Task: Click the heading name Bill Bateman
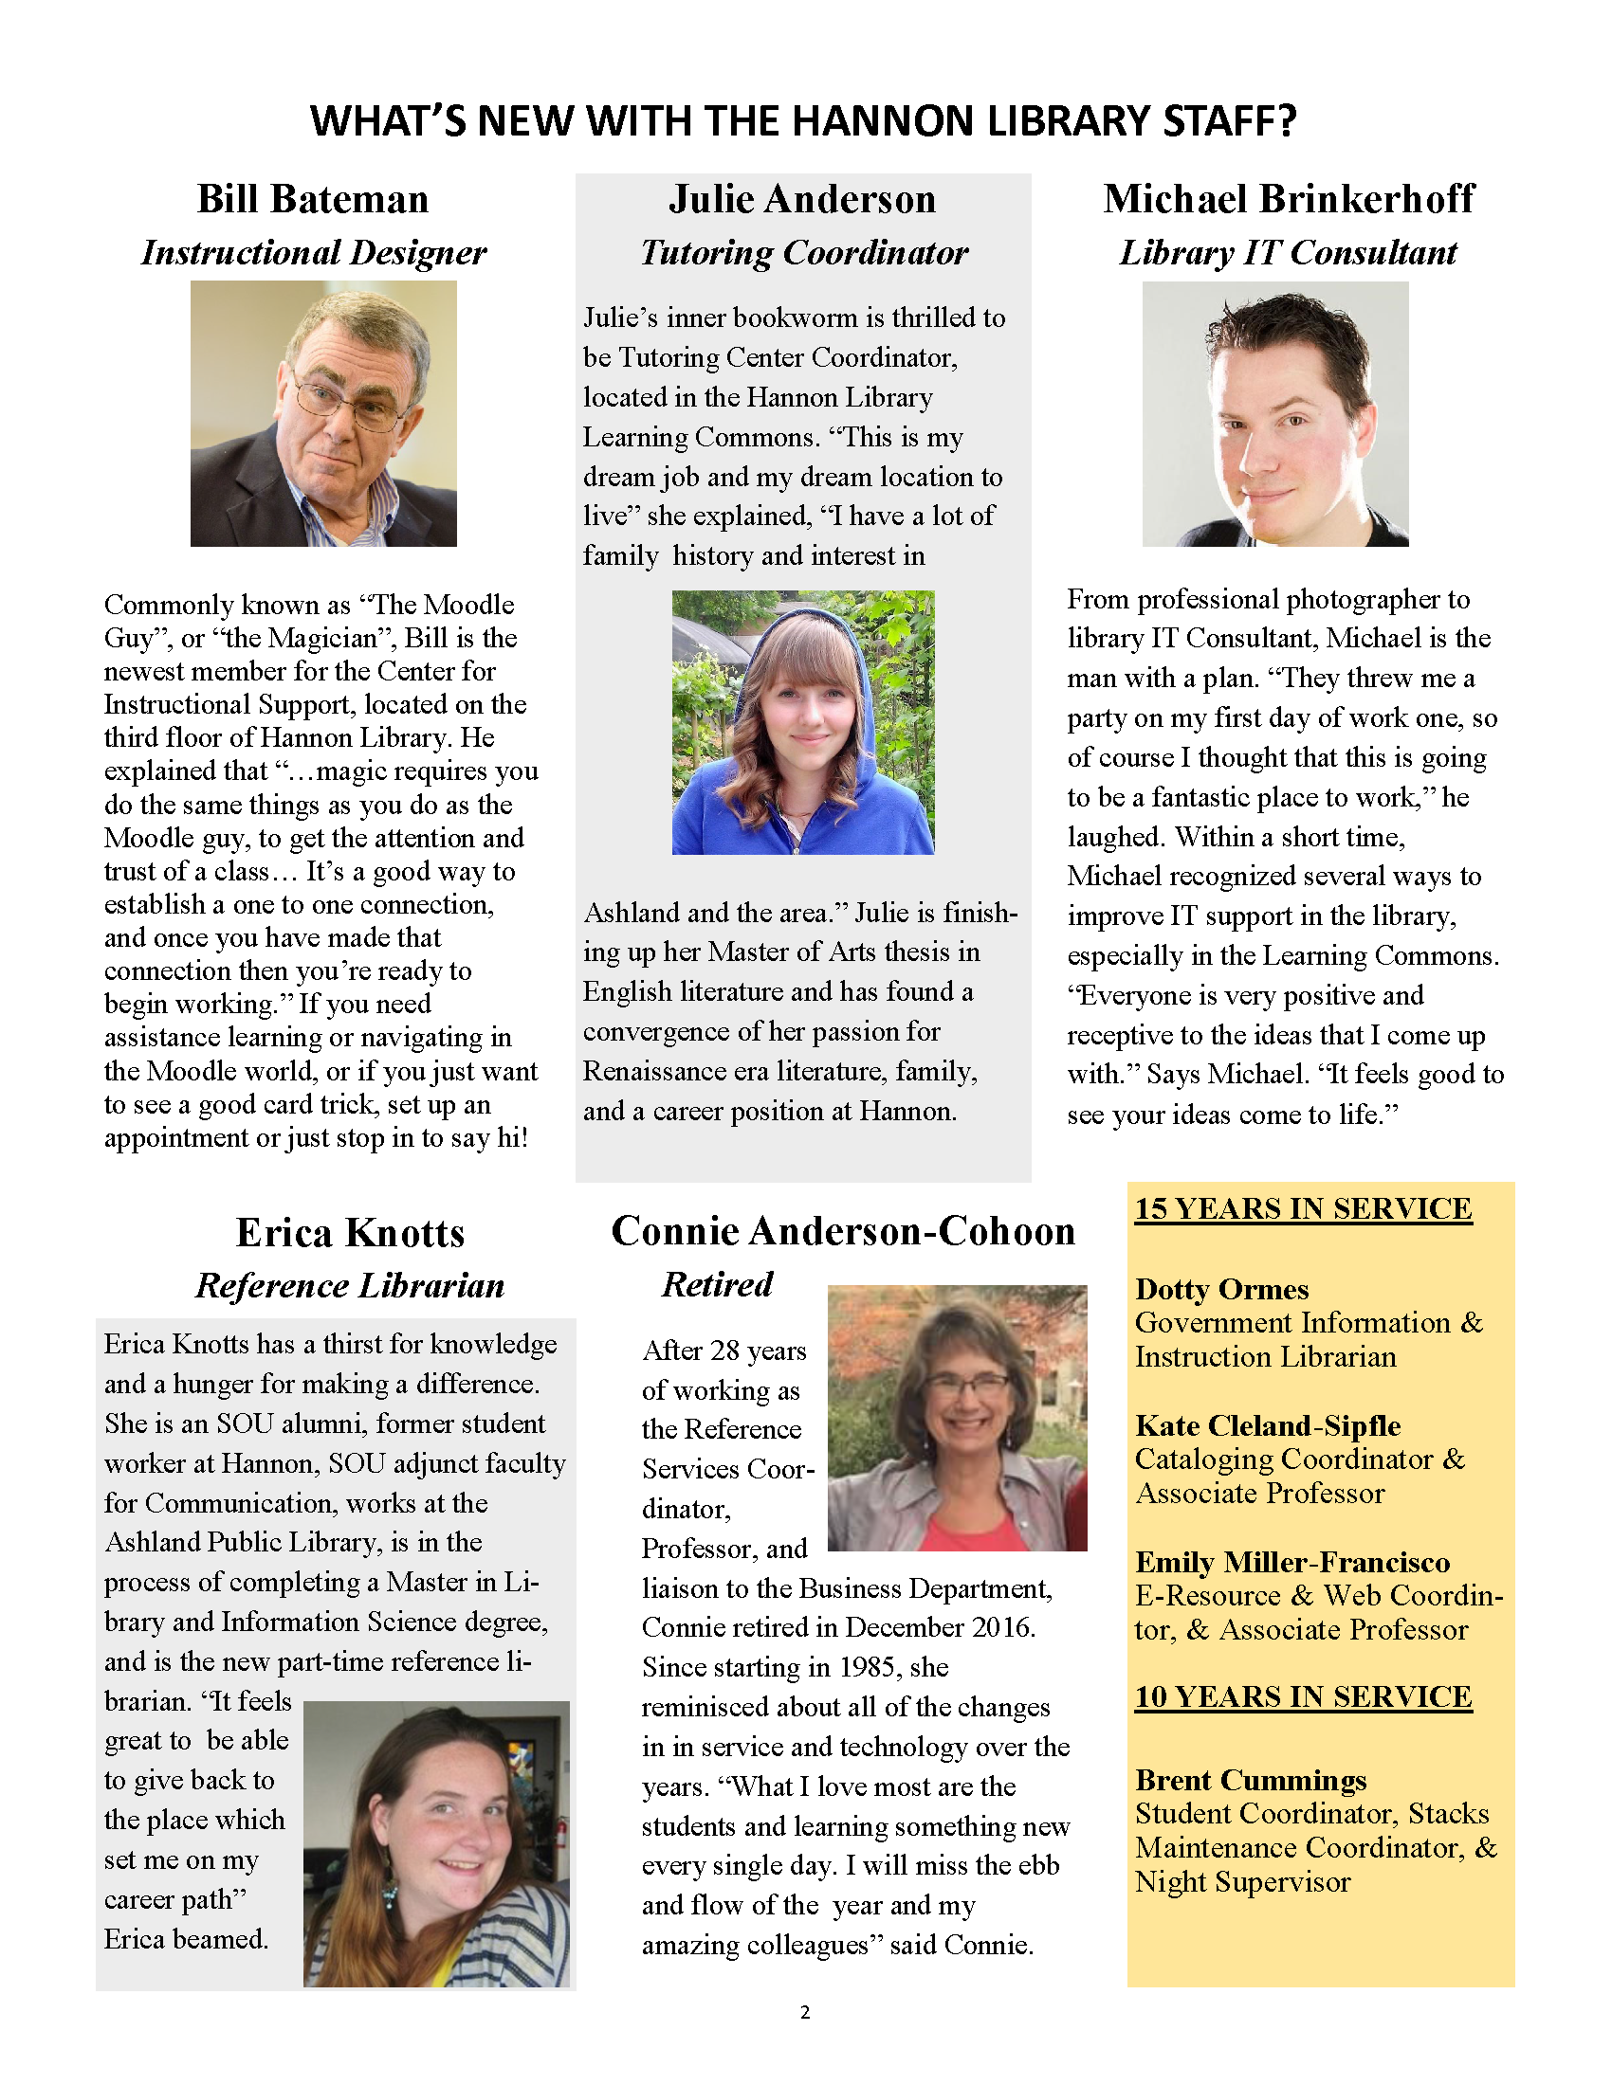(x=312, y=200)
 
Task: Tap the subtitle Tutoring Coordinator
(x=804, y=253)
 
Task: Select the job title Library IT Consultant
(x=1288, y=253)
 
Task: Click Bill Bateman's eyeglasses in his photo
(x=350, y=402)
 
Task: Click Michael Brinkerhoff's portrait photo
(x=1274, y=413)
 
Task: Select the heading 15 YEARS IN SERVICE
(x=1303, y=1209)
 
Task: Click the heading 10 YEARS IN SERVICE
(x=1303, y=1697)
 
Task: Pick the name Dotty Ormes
(x=1221, y=1290)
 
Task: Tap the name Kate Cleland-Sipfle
(x=1267, y=1426)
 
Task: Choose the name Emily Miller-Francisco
(x=1292, y=1563)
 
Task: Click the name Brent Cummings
(x=1251, y=1781)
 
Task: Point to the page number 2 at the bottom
(x=805, y=2012)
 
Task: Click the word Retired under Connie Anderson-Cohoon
(x=717, y=1285)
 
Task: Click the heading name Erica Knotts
(x=350, y=1233)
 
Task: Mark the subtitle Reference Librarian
(x=350, y=1286)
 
